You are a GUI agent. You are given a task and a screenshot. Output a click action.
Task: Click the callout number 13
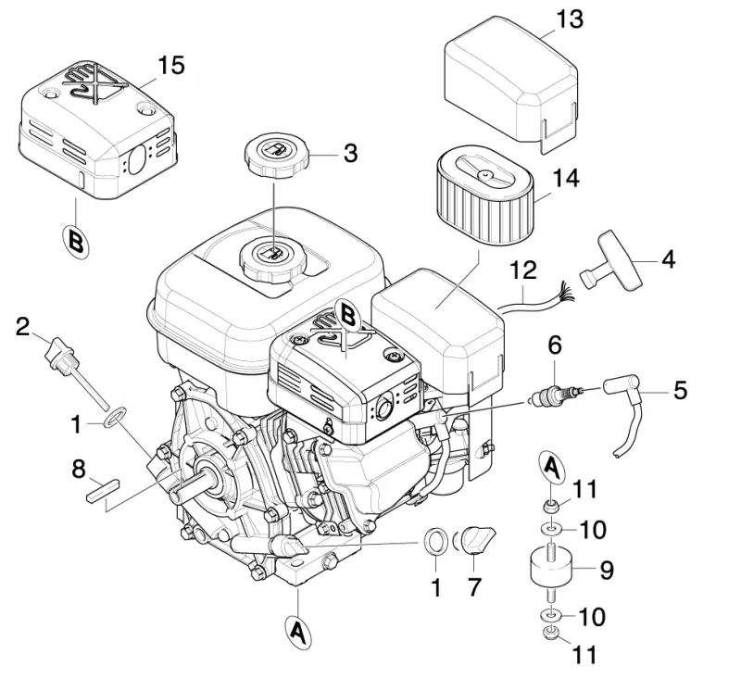[x=570, y=19]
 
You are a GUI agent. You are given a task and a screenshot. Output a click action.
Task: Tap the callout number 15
[x=170, y=65]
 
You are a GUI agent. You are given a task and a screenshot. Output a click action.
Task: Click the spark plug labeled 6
[x=557, y=394]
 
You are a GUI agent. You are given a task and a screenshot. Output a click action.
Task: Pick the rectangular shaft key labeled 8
[x=103, y=490]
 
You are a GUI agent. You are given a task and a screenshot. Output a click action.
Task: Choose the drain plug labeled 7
[x=476, y=539]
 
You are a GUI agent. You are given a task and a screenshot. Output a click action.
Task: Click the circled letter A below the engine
[x=297, y=632]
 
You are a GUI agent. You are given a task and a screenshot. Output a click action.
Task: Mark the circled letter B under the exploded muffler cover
[x=76, y=241]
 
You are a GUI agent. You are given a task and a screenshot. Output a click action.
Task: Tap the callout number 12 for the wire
[x=523, y=270]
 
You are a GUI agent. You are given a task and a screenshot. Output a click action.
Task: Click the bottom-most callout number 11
[x=584, y=655]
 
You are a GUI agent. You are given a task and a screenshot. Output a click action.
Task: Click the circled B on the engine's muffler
[x=346, y=316]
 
